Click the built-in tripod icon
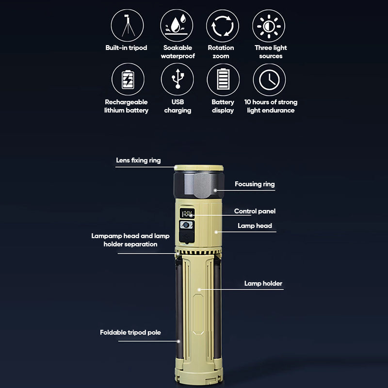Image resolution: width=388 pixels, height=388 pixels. (x=127, y=26)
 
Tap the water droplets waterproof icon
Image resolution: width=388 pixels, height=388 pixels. (x=177, y=26)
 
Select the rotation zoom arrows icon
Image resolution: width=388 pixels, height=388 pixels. (x=223, y=26)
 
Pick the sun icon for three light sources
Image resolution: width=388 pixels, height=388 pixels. (x=269, y=26)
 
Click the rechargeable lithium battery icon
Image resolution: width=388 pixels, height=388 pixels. (x=128, y=79)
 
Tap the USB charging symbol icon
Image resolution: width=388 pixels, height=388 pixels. (x=178, y=79)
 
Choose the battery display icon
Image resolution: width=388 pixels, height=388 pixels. (x=223, y=80)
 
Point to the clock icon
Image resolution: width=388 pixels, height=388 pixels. (x=269, y=80)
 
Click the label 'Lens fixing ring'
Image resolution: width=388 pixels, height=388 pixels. (x=138, y=161)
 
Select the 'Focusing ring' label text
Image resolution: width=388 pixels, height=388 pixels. (x=255, y=184)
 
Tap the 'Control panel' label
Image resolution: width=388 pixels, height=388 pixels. (x=255, y=211)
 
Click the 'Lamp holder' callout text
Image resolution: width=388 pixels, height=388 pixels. (x=263, y=283)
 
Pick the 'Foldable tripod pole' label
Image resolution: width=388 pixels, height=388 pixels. (x=130, y=332)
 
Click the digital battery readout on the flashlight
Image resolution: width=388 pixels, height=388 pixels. (x=187, y=213)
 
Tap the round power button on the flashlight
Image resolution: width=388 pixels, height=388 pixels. (x=186, y=225)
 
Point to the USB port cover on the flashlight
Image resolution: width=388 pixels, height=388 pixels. (x=187, y=237)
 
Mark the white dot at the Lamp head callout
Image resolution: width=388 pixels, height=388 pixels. (x=216, y=232)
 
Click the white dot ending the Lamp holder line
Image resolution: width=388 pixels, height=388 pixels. (x=199, y=290)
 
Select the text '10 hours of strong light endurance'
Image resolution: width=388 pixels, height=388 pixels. (x=271, y=106)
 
